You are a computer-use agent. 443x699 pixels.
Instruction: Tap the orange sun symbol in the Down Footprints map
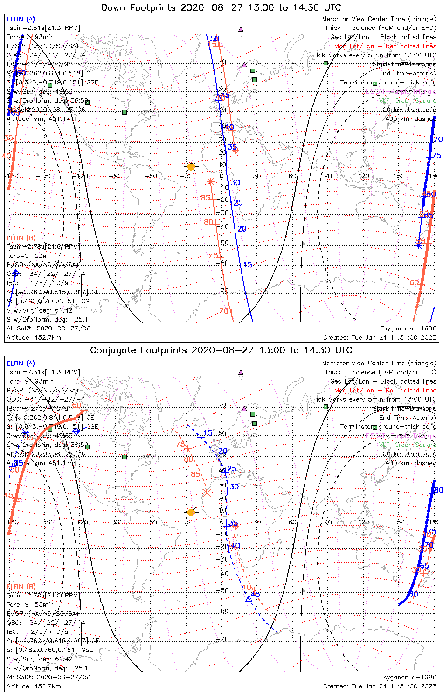[x=191, y=166]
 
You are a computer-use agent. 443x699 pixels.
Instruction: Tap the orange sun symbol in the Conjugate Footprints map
[x=191, y=513]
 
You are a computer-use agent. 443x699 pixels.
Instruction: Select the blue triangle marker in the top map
[x=218, y=98]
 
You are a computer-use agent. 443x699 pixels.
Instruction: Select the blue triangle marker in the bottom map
[x=249, y=599]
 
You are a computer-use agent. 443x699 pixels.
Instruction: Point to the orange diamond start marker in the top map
[x=235, y=150]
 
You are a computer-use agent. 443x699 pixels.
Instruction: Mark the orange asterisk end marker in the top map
[x=210, y=181]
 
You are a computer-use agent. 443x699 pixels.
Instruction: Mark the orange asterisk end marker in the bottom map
[x=207, y=492]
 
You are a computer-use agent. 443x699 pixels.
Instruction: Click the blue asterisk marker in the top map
[x=418, y=245]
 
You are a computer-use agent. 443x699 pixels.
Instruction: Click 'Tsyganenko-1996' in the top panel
[x=408, y=329]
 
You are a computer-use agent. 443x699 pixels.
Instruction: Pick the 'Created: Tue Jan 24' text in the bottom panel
[x=380, y=686]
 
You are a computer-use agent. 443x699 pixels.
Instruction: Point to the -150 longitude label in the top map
[x=47, y=176]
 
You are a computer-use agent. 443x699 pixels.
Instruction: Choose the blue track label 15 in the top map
[x=247, y=265]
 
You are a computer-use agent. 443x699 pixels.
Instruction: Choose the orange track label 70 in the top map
[x=224, y=311]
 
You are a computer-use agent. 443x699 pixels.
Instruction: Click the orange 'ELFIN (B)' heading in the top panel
[x=21, y=238]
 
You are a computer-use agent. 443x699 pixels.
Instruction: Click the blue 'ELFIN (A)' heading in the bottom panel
[x=21, y=363]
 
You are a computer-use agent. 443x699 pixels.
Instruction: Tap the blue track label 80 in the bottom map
[x=438, y=490]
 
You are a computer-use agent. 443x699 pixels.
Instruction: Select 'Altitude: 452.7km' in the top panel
[x=34, y=337]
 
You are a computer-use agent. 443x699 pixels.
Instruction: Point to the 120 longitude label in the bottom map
[x=364, y=522]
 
